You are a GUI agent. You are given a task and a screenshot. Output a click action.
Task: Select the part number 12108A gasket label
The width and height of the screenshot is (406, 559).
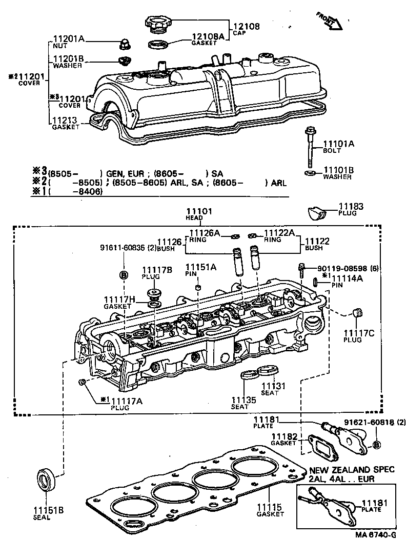208,36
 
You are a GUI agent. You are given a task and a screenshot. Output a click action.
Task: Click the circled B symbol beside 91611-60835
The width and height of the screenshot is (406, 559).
123,274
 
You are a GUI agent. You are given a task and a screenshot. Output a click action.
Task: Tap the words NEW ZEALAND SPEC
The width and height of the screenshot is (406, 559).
352,470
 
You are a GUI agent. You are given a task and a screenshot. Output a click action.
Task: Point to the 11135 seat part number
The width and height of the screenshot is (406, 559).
239,400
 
